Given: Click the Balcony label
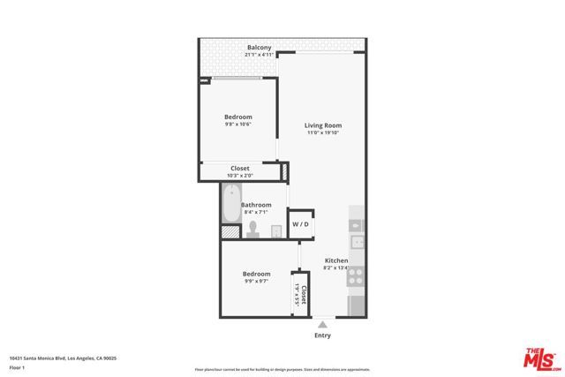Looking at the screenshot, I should click(259, 47).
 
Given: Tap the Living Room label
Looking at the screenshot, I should click(323, 125).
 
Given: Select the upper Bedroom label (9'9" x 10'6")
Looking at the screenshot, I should click(237, 117).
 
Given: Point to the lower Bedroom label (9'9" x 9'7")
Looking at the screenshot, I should click(256, 274).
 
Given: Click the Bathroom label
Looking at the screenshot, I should click(256, 205).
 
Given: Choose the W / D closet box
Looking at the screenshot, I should click(301, 225).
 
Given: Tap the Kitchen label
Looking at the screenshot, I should click(336, 260).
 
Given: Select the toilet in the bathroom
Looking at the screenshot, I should click(252, 230).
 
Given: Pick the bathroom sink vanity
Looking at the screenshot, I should click(275, 230).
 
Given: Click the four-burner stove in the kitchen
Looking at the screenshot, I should click(357, 276).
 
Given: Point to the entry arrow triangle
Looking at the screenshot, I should click(322, 324).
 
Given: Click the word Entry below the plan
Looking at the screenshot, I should click(323, 336).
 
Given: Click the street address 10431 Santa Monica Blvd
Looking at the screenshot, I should click(63, 358).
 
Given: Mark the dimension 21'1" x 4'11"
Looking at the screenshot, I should click(259, 55).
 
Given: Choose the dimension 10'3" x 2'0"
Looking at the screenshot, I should click(239, 176).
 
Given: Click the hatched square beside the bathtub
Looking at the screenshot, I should click(230, 232).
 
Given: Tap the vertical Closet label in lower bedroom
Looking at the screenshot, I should click(304, 294).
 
